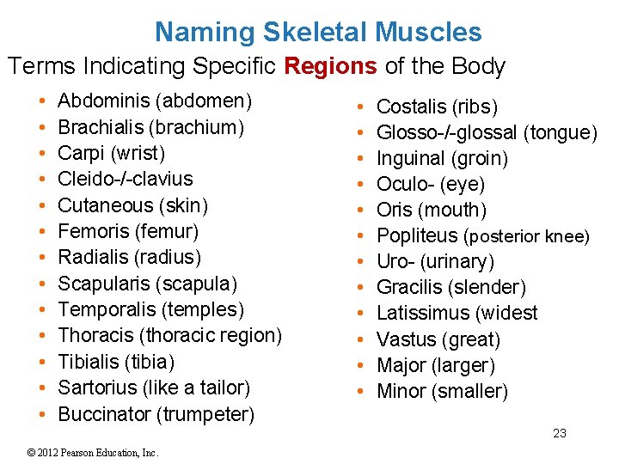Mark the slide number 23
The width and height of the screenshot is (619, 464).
pyautogui.click(x=560, y=433)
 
